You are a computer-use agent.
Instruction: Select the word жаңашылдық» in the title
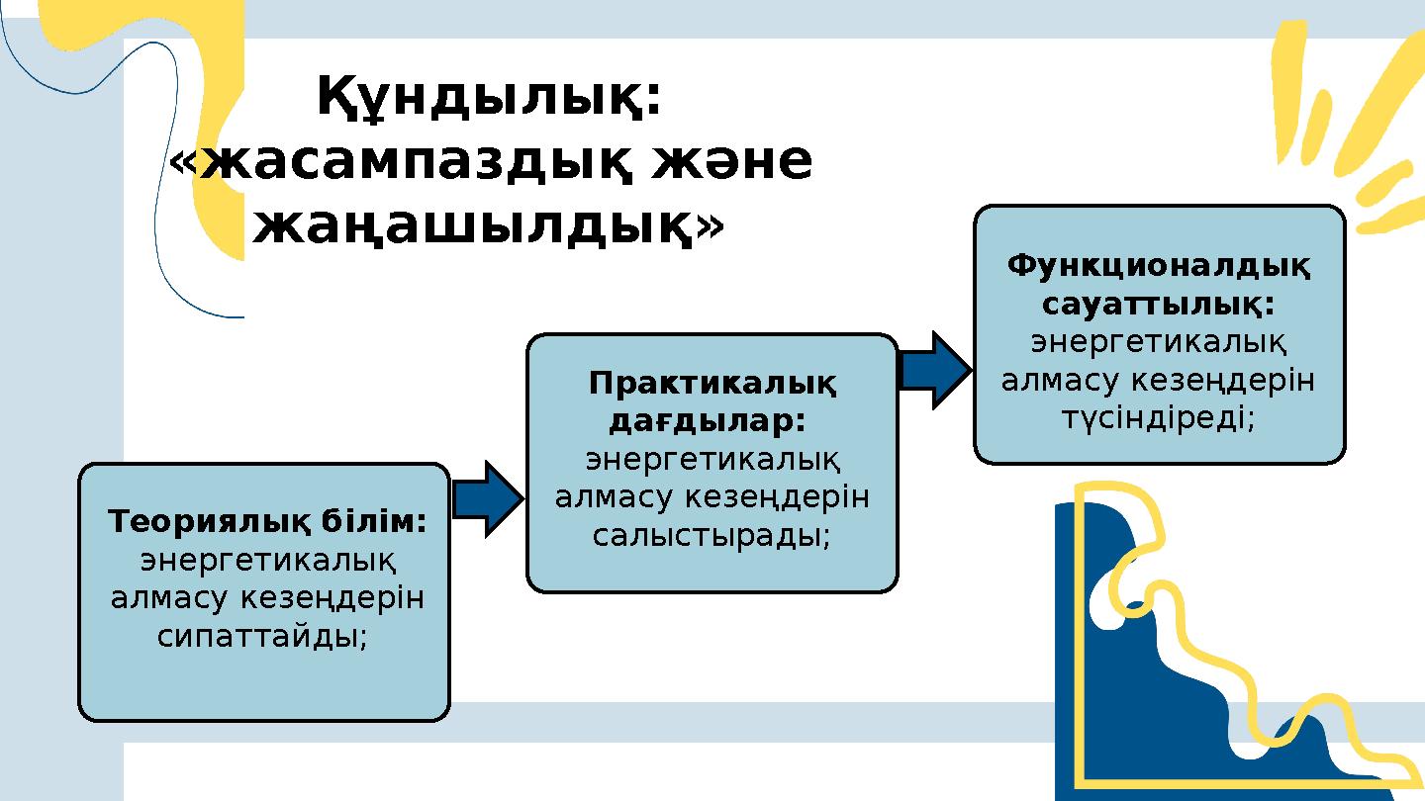pyautogui.click(x=488, y=226)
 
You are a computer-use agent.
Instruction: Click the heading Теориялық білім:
pyautogui.click(x=267, y=520)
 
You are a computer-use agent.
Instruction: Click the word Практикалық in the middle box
pyautogui.click(x=712, y=383)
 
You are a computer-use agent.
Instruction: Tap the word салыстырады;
pyautogui.click(x=712, y=535)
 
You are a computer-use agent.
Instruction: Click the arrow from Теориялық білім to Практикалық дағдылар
pyautogui.click(x=488, y=499)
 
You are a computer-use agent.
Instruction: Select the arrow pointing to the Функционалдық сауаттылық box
pyautogui.click(x=935, y=370)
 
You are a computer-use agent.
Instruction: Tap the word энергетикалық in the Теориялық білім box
pyautogui.click(x=267, y=561)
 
